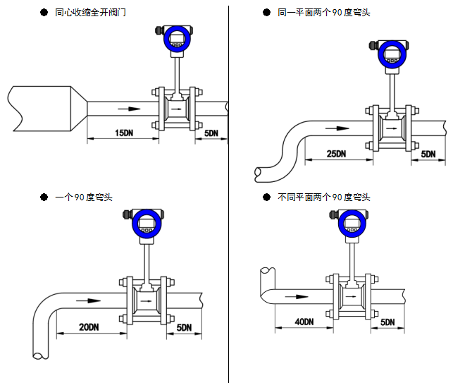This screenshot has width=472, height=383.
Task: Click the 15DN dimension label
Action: click(123, 133)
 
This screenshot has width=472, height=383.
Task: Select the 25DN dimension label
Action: click(337, 154)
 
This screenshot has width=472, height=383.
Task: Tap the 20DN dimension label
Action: click(89, 327)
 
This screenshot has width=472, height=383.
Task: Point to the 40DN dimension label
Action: click(304, 322)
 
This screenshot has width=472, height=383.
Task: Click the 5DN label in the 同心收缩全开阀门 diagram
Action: click(211, 133)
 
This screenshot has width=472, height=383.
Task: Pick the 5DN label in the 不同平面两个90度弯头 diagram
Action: click(387, 322)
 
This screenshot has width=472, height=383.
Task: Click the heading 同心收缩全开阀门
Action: click(91, 13)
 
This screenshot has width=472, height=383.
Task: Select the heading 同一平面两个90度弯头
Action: click(324, 13)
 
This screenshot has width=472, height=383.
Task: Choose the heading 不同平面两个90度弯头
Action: click(324, 197)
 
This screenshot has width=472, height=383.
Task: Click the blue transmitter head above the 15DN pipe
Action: click(177, 39)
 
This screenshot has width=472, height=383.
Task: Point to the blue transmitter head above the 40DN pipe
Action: click(351, 223)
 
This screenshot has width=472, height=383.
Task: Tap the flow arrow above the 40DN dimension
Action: click(290, 297)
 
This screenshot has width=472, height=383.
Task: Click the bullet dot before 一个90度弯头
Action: click(44, 197)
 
